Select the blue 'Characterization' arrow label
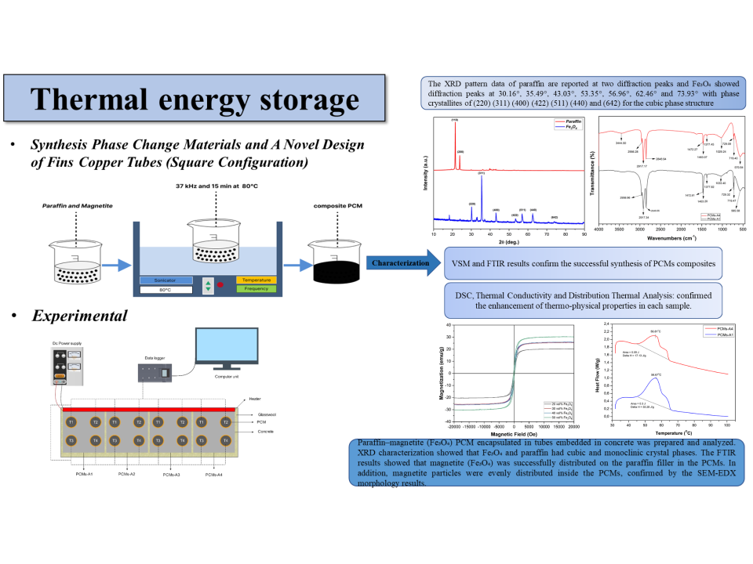click(400, 263)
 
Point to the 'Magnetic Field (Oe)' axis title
click(513, 432)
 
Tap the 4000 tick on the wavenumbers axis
click(598, 230)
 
